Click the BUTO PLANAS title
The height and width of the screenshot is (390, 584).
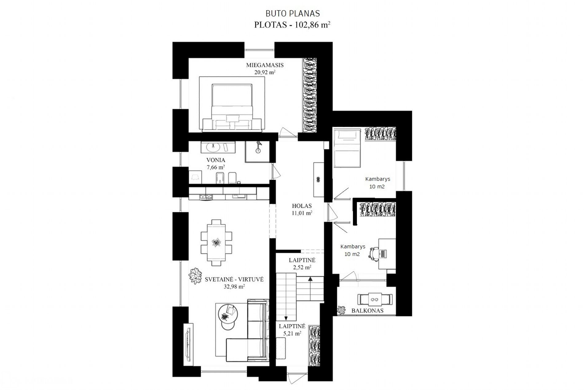293,14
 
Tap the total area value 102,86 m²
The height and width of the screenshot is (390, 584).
312,25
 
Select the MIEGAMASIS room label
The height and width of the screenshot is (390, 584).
265,65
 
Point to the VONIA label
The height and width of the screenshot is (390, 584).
216,160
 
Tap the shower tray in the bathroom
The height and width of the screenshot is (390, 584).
257,152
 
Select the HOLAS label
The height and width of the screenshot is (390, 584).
302,206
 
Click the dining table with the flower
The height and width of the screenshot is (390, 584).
216,243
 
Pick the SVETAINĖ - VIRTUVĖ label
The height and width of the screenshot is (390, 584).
234,279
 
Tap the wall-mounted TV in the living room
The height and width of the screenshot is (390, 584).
188,345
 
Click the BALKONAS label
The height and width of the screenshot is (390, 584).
367,311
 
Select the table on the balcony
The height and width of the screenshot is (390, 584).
375,299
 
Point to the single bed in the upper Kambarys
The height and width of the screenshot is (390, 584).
347,148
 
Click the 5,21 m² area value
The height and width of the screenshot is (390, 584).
290,333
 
